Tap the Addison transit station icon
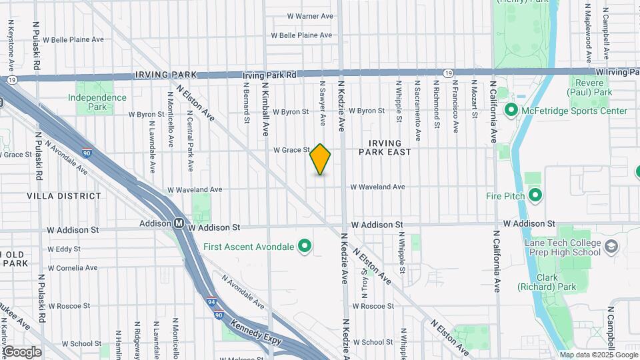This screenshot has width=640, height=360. click(179, 224)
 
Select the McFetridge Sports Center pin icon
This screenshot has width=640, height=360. click(512, 110)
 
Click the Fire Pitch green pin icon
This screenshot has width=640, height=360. click(535, 195)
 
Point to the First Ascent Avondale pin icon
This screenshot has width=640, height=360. click(305, 247)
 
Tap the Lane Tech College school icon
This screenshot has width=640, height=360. click(611, 248)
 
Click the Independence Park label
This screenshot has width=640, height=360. click(97, 102)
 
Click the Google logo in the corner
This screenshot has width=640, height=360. click(22, 351)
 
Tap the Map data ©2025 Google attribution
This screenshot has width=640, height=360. click(599, 355)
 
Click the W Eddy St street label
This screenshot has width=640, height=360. click(68, 249)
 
